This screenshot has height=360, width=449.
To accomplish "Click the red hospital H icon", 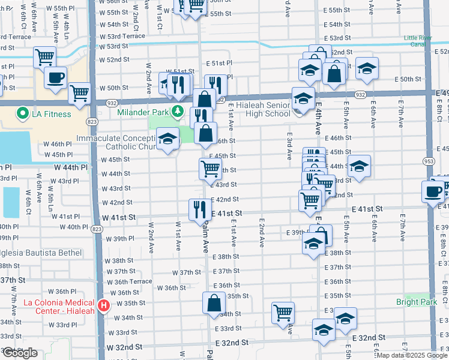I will pyautogui.click(x=104, y=306).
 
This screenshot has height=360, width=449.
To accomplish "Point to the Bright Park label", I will pyautogui.click(x=417, y=302).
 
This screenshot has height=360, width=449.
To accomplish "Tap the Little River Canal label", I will pyautogui.click(x=418, y=40).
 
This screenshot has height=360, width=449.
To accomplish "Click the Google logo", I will pyautogui.click(x=20, y=353).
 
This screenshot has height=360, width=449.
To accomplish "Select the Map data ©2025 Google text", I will pyautogui.click(x=412, y=355).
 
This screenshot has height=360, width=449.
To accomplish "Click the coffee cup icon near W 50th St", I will pyautogui.click(x=56, y=79).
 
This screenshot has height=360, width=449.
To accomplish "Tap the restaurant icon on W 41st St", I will pyautogui.click(x=199, y=209).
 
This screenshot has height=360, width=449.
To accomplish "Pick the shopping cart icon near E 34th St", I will pyautogui.click(x=283, y=313).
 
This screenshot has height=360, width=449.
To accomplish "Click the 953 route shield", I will pyautogui.click(x=430, y=161).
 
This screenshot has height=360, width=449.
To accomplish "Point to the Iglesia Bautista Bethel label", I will pyautogui.click(x=41, y=253).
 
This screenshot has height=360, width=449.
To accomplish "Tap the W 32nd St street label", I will pyautogui.click(x=125, y=347).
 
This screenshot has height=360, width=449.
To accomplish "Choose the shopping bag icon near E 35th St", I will pyautogui.click(x=214, y=303).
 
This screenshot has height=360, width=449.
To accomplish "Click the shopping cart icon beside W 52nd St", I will pyautogui.click(x=45, y=58).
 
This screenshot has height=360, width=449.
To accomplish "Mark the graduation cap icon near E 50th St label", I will pyautogui.click(x=367, y=69).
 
